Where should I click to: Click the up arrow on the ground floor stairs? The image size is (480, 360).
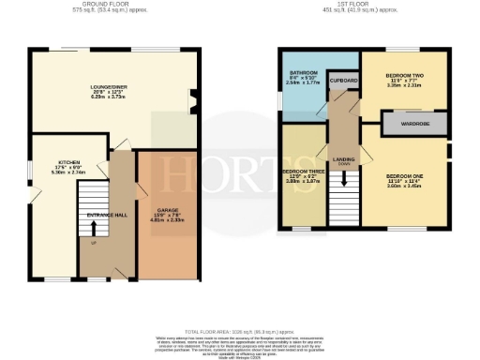click(x=94, y=226)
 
